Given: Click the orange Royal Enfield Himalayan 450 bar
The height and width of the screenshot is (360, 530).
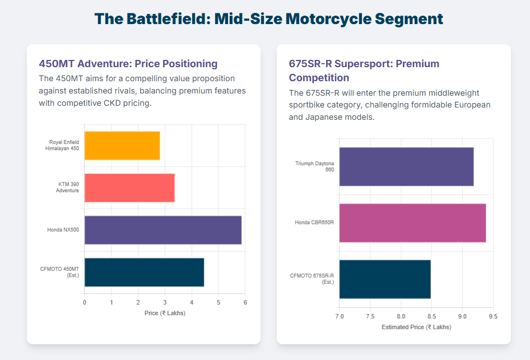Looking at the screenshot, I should [x=122, y=146].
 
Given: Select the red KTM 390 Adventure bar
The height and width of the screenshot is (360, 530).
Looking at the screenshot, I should [x=129, y=188].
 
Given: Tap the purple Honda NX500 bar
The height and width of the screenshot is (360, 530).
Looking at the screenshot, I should [x=162, y=230].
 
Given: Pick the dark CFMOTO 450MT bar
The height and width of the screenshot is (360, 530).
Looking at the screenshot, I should [x=144, y=272].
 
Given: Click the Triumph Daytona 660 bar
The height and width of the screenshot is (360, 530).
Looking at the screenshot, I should [x=406, y=166].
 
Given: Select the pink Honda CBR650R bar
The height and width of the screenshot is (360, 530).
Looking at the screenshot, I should [x=412, y=223].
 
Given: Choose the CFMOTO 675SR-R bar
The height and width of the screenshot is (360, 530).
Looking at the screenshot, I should [x=385, y=279].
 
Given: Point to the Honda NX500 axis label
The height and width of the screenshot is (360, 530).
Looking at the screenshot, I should [x=63, y=230].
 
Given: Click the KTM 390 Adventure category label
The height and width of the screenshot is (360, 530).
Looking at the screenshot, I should [x=67, y=188].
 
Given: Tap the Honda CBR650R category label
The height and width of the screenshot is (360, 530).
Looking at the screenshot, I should [x=314, y=223].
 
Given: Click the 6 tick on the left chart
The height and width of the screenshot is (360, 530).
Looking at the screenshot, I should [x=245, y=303].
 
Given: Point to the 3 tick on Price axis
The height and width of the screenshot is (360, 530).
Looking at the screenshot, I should [x=165, y=303].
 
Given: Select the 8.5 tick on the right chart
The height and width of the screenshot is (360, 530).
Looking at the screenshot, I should [x=431, y=317].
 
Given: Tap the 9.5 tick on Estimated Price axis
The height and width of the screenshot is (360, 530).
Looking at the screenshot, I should [x=492, y=317].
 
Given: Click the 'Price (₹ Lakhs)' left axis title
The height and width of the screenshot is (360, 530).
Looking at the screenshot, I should [x=165, y=313].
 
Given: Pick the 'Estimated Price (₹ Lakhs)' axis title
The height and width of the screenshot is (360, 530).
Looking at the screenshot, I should [x=416, y=327].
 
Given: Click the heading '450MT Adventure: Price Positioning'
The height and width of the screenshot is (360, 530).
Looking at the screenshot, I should [x=128, y=64].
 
